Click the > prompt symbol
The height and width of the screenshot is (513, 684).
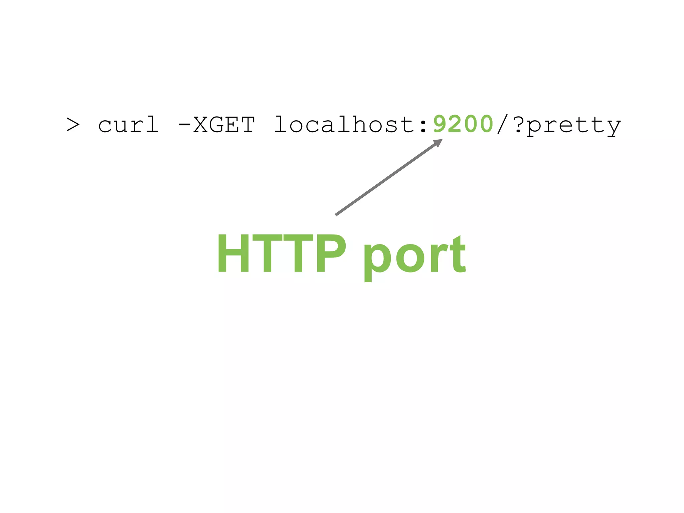tap(73, 125)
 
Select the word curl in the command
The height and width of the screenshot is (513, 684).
tap(128, 125)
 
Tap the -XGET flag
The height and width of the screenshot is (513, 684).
tap(216, 125)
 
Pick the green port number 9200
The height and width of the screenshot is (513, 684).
tap(463, 124)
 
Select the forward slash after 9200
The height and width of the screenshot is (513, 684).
tap(502, 125)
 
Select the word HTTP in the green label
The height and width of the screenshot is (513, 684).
tap(282, 253)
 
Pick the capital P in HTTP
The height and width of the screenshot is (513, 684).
tap(331, 253)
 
